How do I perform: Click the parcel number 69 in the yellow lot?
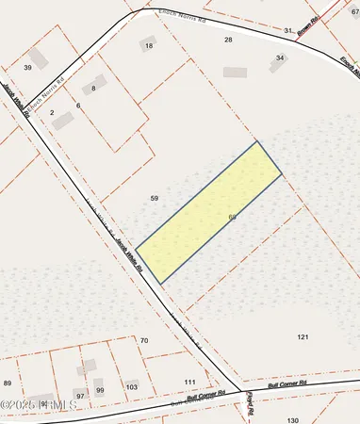point(232,217)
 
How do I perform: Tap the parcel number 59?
point(155,198)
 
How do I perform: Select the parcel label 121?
point(303,336)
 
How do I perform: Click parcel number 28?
point(228,40)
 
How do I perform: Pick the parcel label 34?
point(279,58)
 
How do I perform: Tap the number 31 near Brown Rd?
point(288,31)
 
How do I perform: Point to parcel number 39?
point(28,68)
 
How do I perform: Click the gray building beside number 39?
point(38,57)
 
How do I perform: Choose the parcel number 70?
point(144,339)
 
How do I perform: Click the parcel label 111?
point(189,382)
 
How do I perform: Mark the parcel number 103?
point(131,387)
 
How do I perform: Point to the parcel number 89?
point(8,383)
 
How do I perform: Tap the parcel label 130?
point(292,419)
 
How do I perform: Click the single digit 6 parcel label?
point(78,106)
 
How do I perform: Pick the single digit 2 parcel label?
point(52,112)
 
